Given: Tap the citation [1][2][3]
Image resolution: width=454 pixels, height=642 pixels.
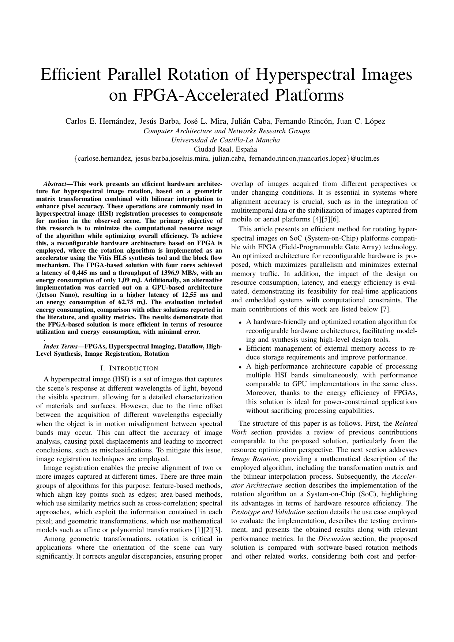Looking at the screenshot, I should (209, 530).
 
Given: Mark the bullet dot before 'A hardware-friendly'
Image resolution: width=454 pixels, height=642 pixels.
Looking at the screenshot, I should (240, 323).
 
